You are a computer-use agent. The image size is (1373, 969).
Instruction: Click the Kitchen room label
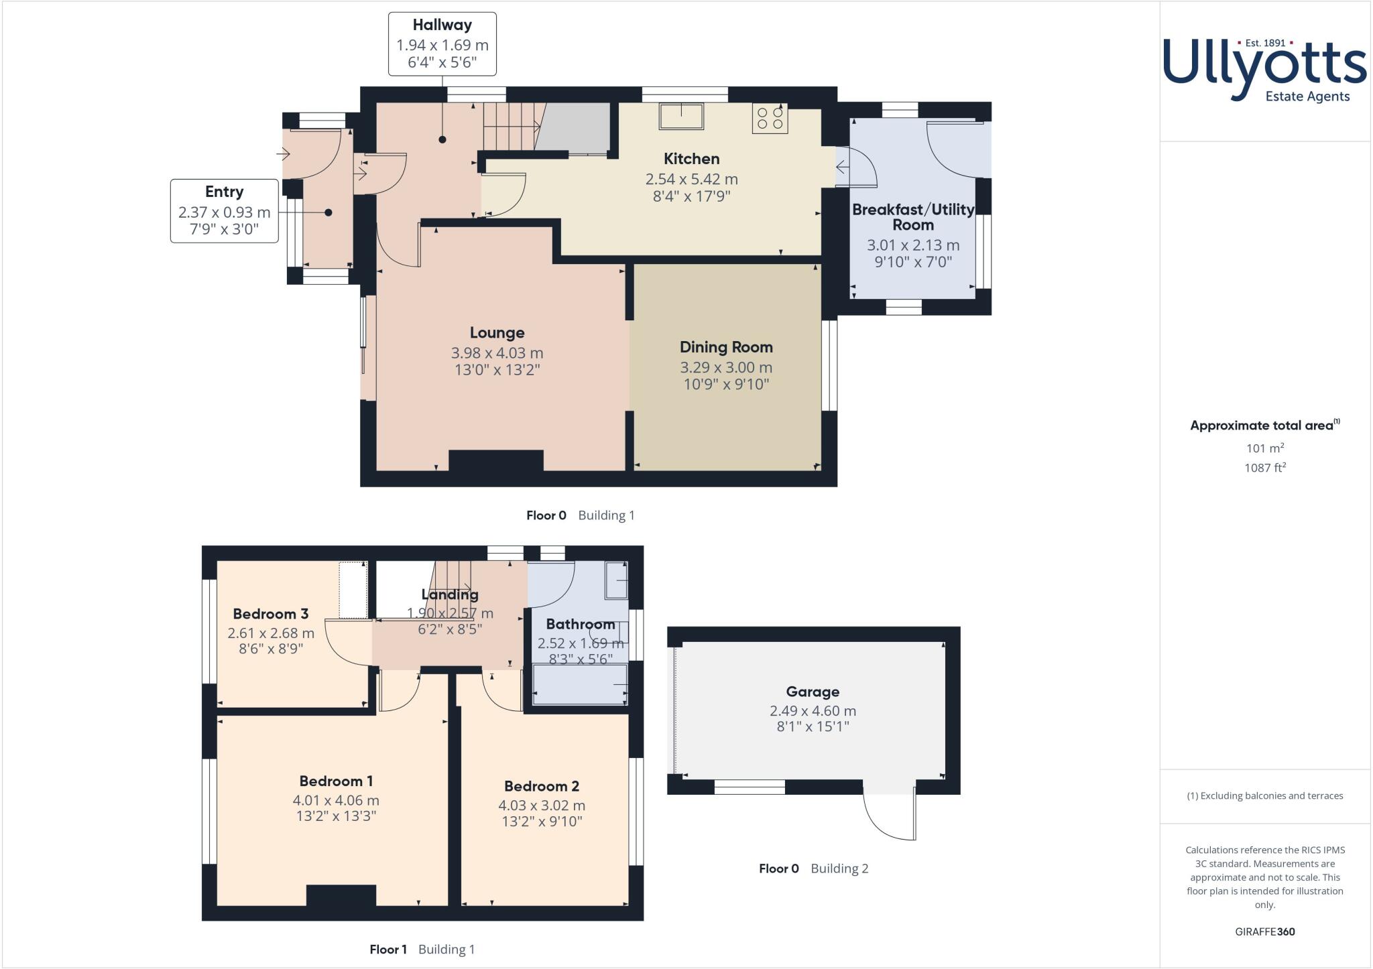click(x=691, y=159)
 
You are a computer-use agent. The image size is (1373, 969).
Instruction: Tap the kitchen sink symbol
click(x=681, y=116)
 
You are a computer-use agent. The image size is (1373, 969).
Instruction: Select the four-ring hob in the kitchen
click(x=770, y=118)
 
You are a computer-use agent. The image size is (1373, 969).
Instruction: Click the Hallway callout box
click(x=442, y=44)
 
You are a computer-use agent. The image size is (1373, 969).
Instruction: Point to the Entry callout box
click(x=224, y=210)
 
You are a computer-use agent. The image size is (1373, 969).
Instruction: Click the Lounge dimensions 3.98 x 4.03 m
click(x=497, y=352)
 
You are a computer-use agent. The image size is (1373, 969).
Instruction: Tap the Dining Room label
click(x=726, y=347)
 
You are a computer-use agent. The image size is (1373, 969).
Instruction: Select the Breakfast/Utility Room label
click(x=913, y=217)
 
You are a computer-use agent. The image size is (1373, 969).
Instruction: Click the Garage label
click(x=813, y=692)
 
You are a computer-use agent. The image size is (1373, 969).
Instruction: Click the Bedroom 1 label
click(x=336, y=781)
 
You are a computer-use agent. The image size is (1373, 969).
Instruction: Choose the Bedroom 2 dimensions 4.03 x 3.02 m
click(x=542, y=805)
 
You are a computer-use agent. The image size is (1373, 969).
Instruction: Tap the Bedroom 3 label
click(x=270, y=614)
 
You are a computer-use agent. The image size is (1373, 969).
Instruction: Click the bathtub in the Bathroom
click(x=579, y=684)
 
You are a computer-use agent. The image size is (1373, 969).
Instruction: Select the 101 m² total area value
click(x=1264, y=448)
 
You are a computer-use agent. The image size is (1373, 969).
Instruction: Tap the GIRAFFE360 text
click(x=1264, y=931)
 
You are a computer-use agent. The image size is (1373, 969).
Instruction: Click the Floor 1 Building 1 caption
click(x=422, y=949)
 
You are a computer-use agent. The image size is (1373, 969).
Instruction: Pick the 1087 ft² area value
click(x=1264, y=468)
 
